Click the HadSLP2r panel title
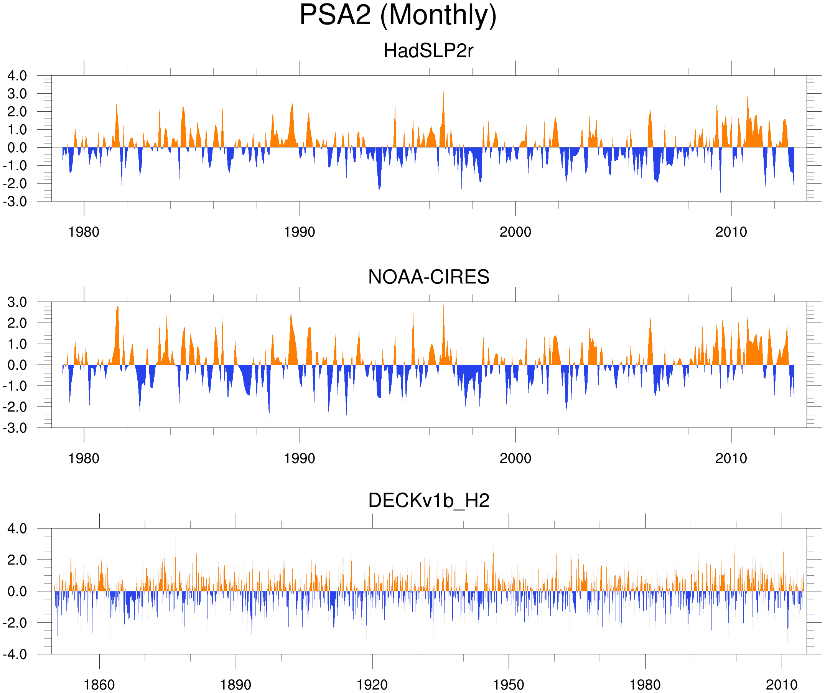click(428, 51)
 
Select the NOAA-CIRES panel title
click(428, 277)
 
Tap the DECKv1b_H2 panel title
click(428, 501)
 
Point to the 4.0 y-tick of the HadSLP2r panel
click(17, 76)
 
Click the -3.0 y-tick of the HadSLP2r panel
click(15, 202)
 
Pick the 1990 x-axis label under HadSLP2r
click(300, 232)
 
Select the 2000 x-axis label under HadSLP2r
click(515, 232)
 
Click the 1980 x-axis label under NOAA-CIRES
click(84, 458)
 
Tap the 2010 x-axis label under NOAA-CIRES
click(731, 458)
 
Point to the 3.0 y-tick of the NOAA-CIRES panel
click(17, 302)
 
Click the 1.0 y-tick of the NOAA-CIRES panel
click(17, 344)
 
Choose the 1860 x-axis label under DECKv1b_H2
click(99, 685)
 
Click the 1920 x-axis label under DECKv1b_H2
click(372, 685)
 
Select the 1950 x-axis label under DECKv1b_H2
click(508, 685)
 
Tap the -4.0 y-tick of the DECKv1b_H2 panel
click(15, 655)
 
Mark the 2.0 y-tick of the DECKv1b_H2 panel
click(17, 560)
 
